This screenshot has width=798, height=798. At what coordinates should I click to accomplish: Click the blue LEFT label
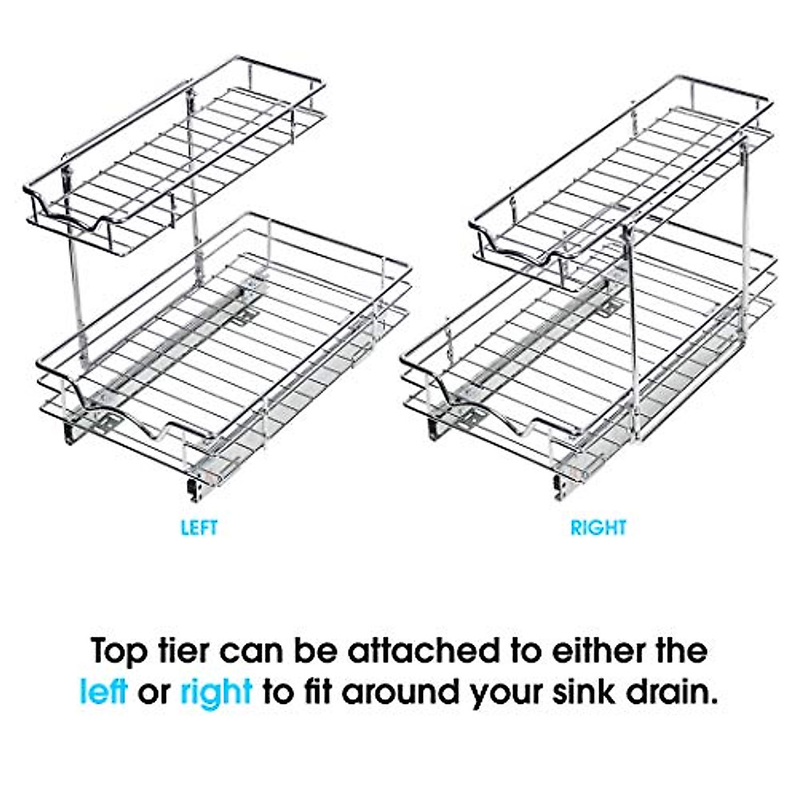click(x=199, y=528)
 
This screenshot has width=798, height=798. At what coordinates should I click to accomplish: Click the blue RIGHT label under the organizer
click(x=598, y=528)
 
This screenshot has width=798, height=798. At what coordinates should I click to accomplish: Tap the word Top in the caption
click(x=118, y=650)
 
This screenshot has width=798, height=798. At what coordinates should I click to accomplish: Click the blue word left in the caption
click(x=102, y=692)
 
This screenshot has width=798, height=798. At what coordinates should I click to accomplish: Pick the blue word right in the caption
click(x=217, y=693)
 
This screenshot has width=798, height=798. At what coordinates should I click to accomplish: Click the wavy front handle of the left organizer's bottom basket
click(x=133, y=419)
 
